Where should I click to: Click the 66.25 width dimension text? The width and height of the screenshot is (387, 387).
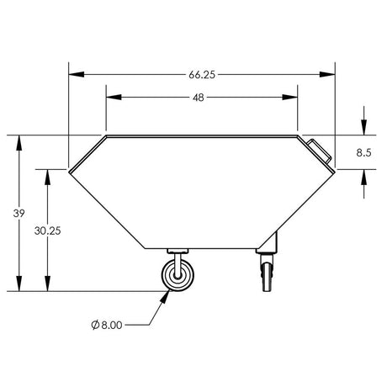click(x=202, y=75)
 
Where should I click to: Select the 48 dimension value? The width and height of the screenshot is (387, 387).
click(x=199, y=98)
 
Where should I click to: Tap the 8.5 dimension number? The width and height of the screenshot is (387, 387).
click(x=363, y=152)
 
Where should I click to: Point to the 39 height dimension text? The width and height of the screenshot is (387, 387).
click(x=19, y=214)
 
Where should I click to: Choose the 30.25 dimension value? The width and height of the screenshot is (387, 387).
click(x=48, y=231)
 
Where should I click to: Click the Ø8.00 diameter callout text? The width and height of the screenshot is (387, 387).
click(x=107, y=325)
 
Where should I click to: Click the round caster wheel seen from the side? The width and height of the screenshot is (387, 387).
click(x=178, y=275)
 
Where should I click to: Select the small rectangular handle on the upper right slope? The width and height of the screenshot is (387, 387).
click(x=319, y=151)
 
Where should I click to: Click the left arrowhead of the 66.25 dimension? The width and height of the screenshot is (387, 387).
click(x=77, y=74)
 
